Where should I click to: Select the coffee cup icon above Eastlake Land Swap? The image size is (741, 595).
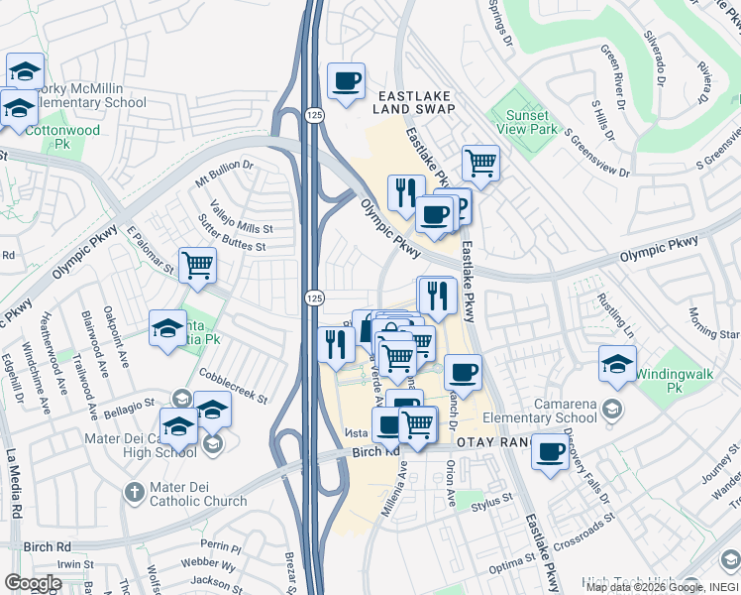346,81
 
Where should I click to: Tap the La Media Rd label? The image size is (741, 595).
14,484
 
